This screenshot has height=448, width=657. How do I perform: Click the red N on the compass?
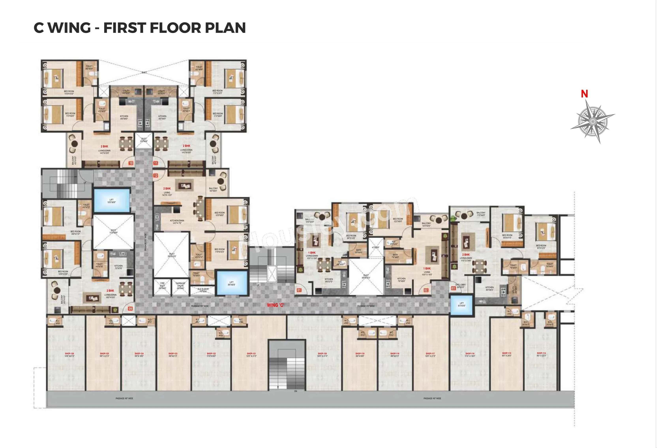(x=584, y=94)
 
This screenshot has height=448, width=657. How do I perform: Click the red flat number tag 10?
(x=131, y=163)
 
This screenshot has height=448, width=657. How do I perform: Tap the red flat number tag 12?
(x=156, y=175)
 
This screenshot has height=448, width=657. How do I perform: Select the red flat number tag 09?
(x=130, y=308)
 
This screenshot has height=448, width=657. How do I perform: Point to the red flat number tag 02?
(x=426, y=290)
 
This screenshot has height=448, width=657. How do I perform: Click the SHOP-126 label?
(x=69, y=354)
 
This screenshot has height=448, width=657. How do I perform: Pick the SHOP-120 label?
(x=322, y=354)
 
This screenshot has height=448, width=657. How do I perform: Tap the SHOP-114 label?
(x=541, y=353)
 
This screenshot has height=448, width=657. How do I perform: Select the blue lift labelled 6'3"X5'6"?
(x=461, y=305)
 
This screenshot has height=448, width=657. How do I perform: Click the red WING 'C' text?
(x=275, y=305)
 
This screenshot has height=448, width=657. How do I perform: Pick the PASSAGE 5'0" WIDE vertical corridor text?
(x=145, y=242)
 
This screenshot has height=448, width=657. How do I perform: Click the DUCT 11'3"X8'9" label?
(x=113, y=231)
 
